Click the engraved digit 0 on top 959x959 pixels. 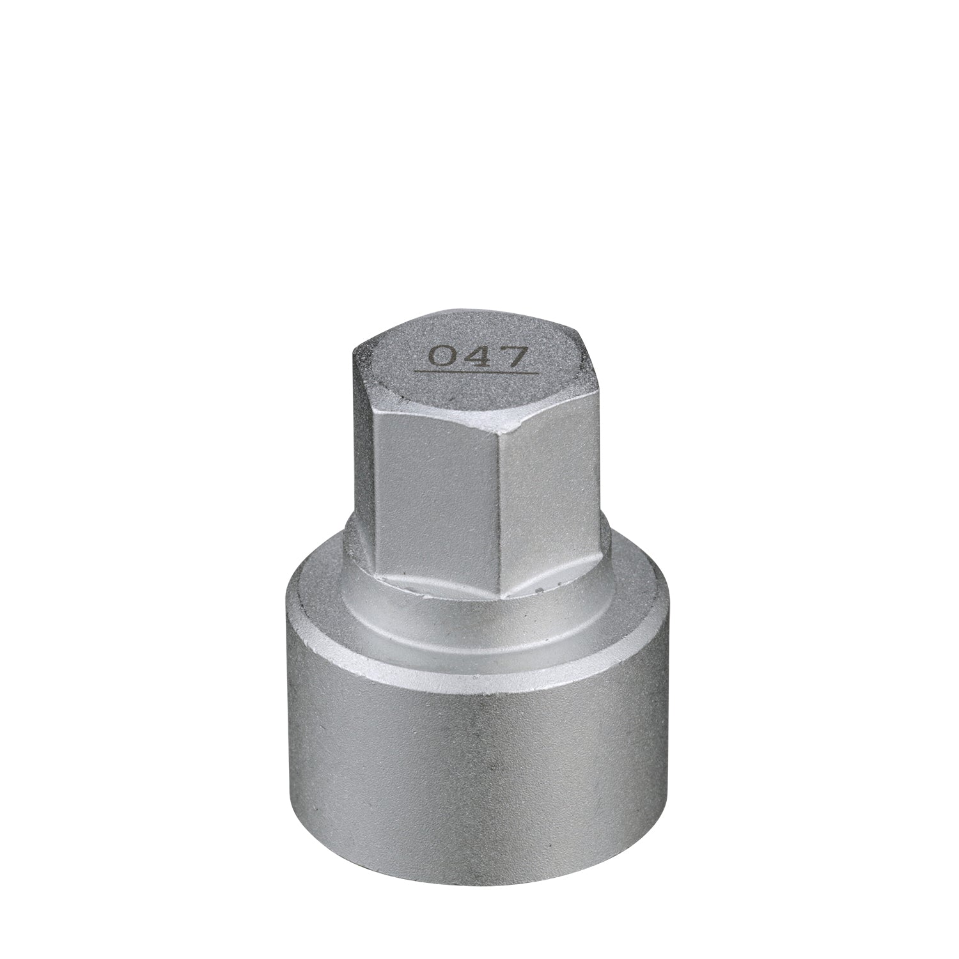[x=439, y=356]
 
